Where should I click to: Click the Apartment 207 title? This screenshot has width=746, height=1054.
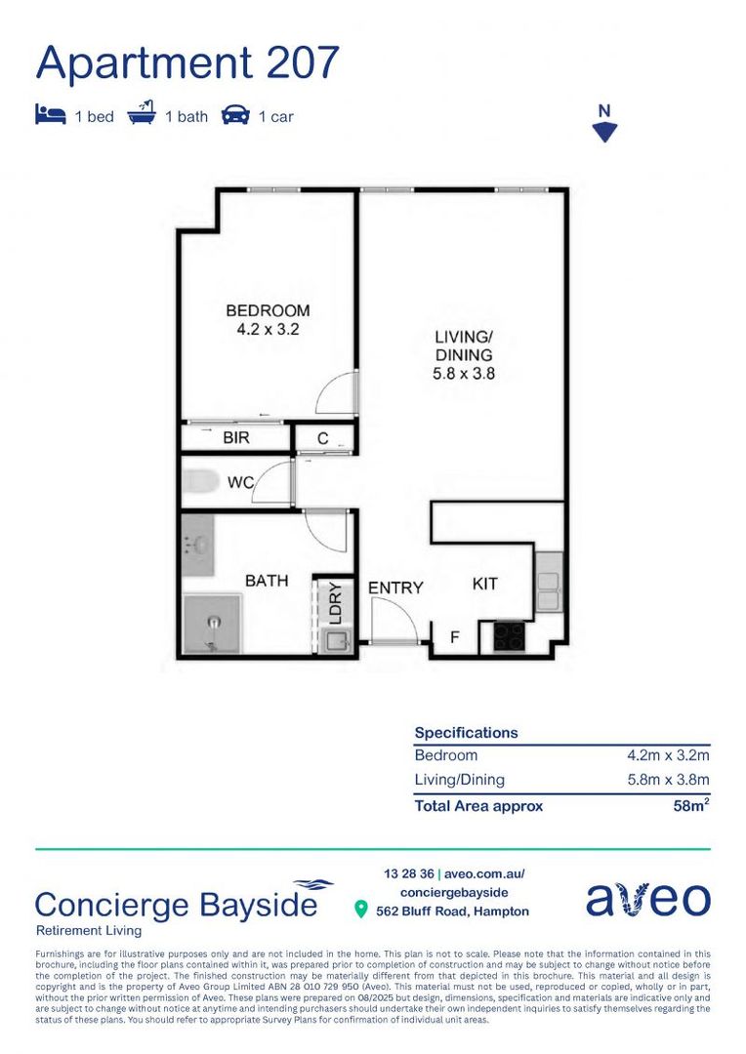(187, 62)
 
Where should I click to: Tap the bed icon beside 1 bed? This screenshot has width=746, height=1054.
(50, 116)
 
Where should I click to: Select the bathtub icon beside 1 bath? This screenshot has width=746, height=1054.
(142, 115)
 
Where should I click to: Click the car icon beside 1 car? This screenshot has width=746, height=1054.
(235, 116)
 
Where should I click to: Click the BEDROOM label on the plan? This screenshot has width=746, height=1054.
(268, 311)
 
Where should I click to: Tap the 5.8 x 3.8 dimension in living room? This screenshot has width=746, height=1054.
(464, 372)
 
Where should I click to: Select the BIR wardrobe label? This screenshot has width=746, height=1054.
(236, 438)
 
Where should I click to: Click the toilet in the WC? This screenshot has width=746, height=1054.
(202, 482)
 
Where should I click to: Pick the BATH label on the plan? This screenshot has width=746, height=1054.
(267, 581)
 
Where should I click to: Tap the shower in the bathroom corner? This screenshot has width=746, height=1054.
(213, 623)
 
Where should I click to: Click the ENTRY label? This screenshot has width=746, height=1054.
(395, 588)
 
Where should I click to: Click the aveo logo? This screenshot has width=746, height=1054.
(647, 899)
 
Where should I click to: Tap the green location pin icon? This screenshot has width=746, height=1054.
(360, 911)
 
